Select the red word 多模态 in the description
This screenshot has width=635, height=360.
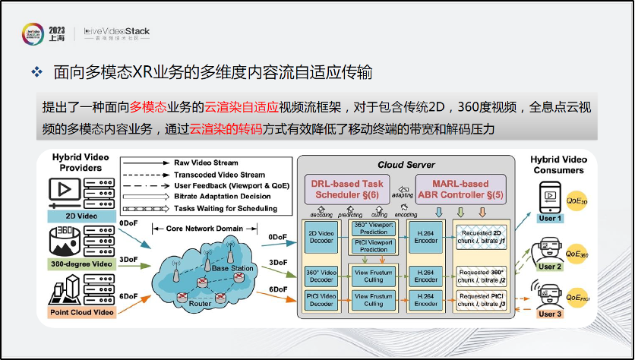147,107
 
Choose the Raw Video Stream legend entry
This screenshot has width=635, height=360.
205,163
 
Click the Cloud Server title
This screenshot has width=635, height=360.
406,164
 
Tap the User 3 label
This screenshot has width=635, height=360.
549,314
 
